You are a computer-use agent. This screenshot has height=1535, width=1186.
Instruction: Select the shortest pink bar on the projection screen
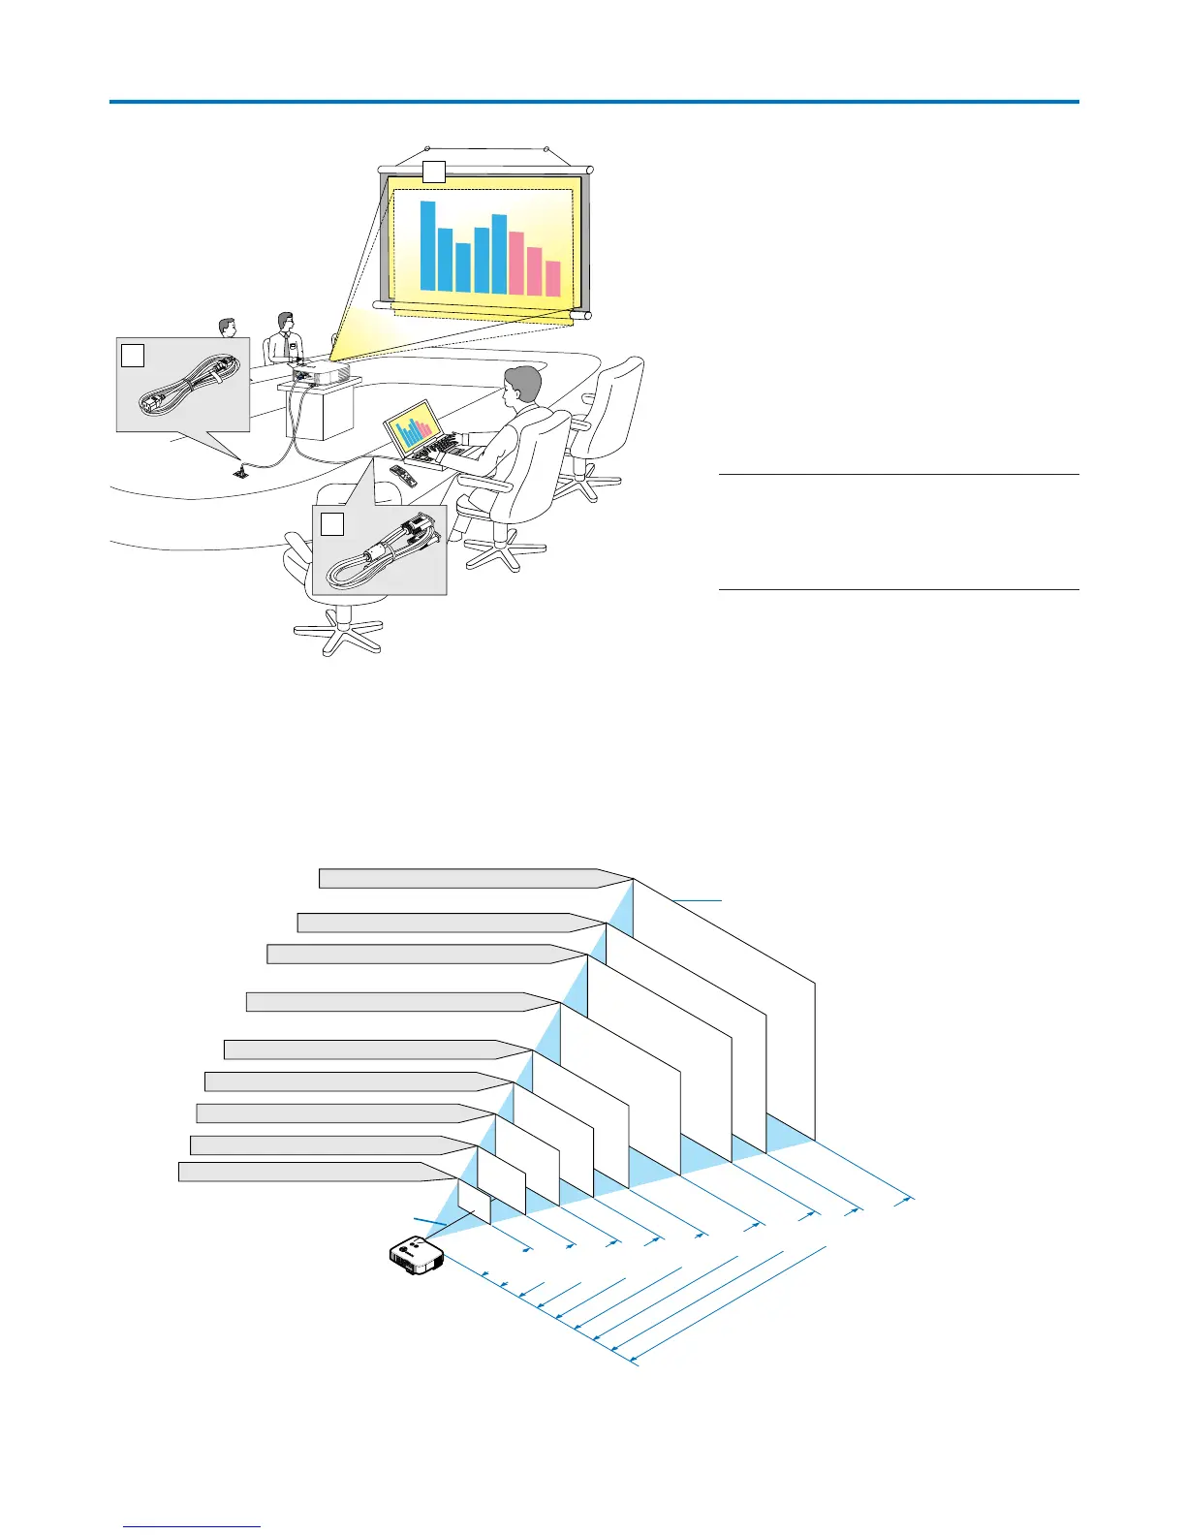[552, 278]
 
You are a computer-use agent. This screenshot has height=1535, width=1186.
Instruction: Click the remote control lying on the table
[402, 475]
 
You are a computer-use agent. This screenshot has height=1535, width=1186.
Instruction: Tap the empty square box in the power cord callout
[133, 356]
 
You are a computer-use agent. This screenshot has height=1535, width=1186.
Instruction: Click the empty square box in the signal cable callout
[332, 524]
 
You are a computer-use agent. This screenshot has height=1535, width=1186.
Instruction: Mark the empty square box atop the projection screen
[433, 172]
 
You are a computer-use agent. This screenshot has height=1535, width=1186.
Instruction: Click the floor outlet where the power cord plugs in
[239, 472]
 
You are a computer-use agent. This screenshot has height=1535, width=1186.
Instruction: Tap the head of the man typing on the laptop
[523, 388]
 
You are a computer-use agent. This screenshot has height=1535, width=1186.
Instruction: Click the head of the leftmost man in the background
[228, 328]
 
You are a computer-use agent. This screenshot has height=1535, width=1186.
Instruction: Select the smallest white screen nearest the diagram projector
[474, 1202]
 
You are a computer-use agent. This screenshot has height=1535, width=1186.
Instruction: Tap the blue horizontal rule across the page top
[593, 101]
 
